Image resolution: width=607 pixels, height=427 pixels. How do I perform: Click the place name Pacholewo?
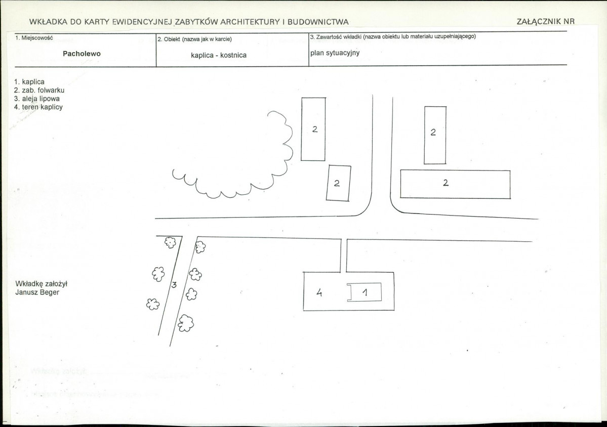(82, 54)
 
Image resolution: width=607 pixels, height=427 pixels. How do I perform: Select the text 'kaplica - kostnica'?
(219, 55)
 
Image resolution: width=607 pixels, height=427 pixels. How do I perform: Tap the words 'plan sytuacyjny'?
(335, 53)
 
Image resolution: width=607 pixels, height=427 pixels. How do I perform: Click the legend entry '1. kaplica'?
(29, 82)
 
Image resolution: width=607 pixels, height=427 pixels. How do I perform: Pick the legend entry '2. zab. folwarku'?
(39, 91)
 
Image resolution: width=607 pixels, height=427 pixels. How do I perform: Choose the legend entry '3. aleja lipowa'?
(37, 99)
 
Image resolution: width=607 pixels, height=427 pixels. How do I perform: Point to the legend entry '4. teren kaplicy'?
(38, 108)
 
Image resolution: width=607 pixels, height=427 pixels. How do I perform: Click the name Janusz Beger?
(37, 292)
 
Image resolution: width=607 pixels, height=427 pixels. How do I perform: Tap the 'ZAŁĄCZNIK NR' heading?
(545, 22)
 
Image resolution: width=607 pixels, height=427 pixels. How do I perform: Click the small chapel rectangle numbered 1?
(365, 292)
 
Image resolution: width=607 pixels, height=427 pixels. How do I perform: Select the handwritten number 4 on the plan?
(319, 292)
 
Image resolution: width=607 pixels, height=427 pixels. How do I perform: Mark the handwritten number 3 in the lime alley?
(174, 285)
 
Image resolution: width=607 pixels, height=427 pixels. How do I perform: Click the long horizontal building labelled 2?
(455, 185)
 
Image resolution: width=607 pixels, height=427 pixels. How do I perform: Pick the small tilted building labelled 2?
(338, 183)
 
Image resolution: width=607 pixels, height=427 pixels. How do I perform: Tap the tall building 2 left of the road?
(313, 129)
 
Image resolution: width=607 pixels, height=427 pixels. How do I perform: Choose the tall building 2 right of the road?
(435, 135)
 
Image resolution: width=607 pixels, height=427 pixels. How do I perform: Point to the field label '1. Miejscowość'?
(34, 38)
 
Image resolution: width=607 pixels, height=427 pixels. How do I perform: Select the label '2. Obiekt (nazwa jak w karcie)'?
(195, 39)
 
